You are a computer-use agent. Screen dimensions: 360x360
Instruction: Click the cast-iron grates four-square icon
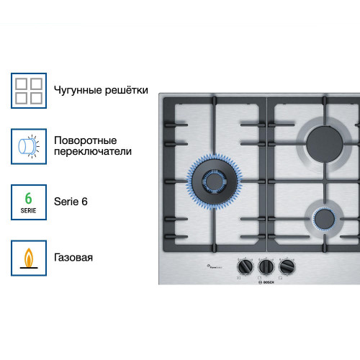pyautogui.click(x=30, y=91)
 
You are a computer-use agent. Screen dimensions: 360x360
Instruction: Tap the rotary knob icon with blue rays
pyautogui.click(x=30, y=146)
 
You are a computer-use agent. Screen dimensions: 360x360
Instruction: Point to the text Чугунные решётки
pyautogui.click(x=101, y=91)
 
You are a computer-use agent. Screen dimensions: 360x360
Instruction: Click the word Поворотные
pyautogui.click(x=85, y=140)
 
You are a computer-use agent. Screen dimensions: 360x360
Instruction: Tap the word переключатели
pyautogui.click(x=93, y=152)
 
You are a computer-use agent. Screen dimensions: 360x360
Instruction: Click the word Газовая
pyautogui.click(x=73, y=257)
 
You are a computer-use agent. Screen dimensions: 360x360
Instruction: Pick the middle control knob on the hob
pyautogui.click(x=265, y=267)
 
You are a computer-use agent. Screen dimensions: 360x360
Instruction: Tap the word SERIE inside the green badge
pyautogui.click(x=29, y=210)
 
